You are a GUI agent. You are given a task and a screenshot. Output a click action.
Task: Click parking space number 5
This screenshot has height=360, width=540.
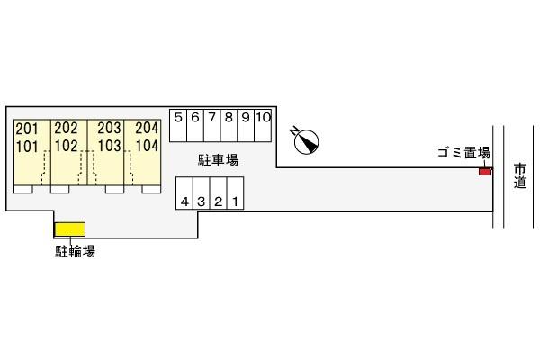coord(178,125)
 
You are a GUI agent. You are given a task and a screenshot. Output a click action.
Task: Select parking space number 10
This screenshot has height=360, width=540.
coord(263,125)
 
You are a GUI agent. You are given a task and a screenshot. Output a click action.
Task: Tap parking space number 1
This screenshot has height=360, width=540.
coord(236,193)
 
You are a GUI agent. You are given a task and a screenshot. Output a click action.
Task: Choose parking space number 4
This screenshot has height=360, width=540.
coord(184,193)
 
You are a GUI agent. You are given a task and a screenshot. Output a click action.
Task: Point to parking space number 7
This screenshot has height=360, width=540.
coord(212,125)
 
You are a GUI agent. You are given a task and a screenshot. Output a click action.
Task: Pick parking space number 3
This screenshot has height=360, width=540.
coord(202,193)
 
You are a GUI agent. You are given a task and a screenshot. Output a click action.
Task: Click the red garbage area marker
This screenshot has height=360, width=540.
coord(485,171)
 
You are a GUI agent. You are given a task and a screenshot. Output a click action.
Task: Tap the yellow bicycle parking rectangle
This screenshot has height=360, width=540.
coord(70,229)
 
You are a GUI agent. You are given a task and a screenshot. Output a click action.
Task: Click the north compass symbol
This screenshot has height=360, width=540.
coord(306,141)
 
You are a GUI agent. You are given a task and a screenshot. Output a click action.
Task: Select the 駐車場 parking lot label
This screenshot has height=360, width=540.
coord(218,160)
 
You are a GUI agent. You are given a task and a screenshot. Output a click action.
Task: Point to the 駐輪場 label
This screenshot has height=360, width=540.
coord(75,251)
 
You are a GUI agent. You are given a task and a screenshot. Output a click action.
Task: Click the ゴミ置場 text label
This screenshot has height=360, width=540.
coord(463,152)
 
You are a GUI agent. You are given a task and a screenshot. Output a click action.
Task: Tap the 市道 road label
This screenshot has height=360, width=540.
coord(520,175)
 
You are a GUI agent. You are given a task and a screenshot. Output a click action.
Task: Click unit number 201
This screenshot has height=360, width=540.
coord(27,129)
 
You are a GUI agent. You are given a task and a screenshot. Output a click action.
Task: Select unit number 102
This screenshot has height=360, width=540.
coord(66,146)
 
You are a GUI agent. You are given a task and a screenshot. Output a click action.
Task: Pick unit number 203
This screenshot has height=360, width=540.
coord(109,128)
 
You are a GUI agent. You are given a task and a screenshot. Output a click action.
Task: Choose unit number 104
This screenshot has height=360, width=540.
coord(147,146)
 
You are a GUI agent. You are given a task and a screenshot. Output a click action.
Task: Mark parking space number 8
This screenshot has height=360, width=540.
coord(229,125)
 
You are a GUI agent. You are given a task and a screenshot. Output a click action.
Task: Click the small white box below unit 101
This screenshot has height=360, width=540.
coord(23,189)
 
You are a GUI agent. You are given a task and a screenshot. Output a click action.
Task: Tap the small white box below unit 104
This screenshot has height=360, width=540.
coord(151,189)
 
